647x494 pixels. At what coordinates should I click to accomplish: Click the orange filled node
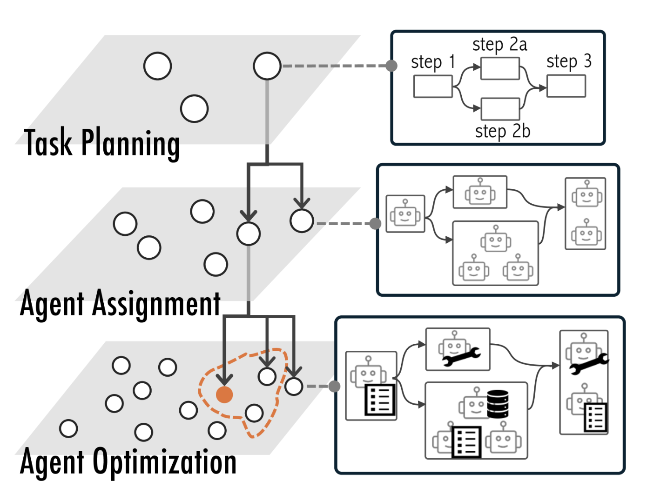224,394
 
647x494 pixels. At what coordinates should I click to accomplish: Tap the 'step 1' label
432,62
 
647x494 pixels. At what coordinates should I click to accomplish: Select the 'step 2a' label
499,45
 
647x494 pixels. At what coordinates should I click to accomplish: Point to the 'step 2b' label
503,132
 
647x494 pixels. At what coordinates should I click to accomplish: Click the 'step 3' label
568,61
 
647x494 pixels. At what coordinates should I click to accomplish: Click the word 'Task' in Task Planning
48,142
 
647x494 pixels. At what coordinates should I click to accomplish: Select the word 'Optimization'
165,462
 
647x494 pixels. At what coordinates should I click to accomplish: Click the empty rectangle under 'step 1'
432,87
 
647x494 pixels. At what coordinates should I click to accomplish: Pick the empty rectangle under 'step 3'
566,86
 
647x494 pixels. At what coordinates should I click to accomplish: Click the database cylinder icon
498,404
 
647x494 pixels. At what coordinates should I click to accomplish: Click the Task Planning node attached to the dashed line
267,66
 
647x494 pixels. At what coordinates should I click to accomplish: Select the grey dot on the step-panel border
391,66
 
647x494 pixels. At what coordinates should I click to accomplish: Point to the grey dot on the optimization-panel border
334,386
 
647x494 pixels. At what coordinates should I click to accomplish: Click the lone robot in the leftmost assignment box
405,214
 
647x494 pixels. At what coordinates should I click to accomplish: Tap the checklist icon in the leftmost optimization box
380,400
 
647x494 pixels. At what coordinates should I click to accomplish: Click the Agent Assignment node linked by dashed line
302,221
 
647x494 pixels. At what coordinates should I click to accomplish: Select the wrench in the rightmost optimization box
589,364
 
